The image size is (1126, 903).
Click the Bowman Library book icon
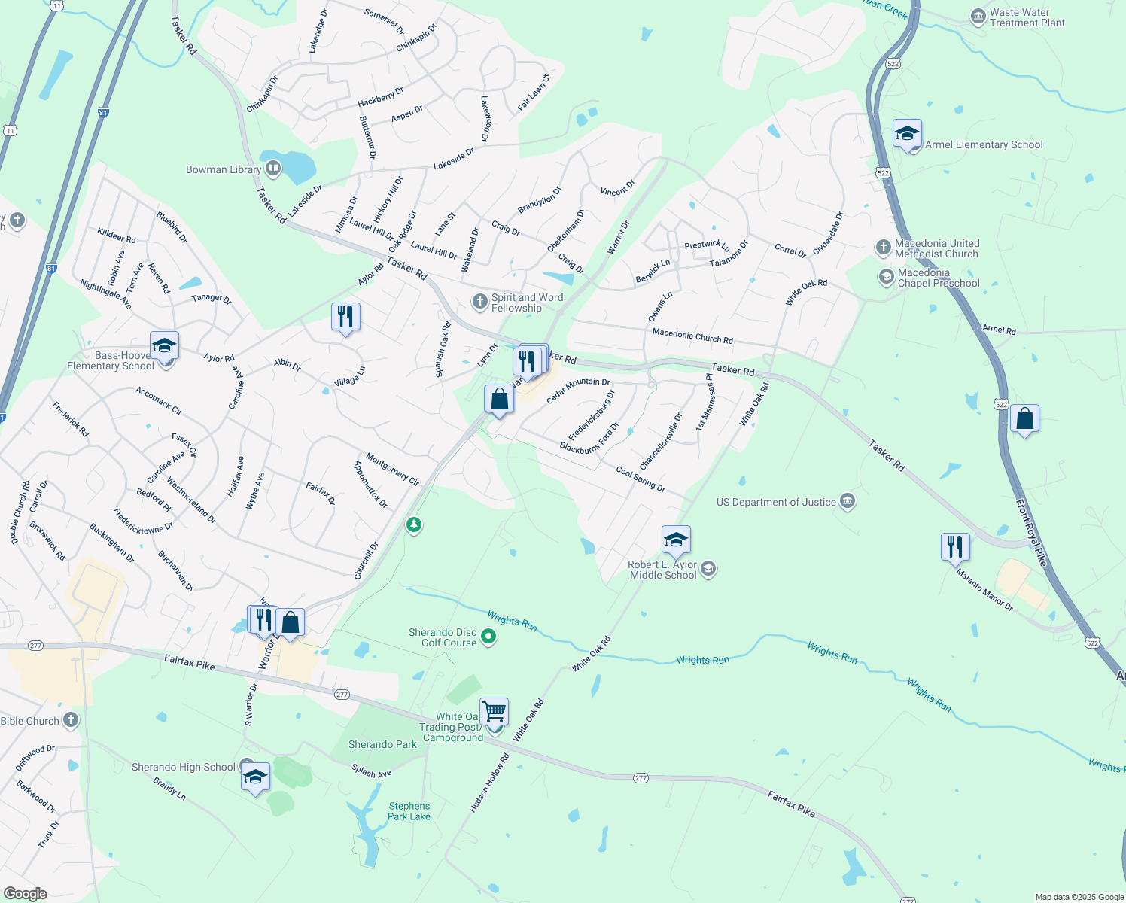point(273,169)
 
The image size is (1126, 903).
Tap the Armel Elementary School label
point(983,145)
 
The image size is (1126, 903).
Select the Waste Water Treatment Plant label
point(1027,17)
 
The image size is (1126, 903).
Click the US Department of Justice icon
point(848,501)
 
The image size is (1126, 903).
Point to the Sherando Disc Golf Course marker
point(488,637)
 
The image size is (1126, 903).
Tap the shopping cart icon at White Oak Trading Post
point(494,710)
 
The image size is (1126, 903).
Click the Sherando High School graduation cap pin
point(255,777)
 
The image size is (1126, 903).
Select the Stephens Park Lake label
point(409,811)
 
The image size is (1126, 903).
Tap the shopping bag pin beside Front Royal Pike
point(1024,419)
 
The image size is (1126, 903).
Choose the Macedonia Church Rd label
point(692,336)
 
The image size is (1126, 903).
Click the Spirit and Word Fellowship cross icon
point(479,302)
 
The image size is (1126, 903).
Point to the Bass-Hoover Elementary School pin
point(164,345)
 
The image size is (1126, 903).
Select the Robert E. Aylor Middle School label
point(663,570)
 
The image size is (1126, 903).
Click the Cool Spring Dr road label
point(641,479)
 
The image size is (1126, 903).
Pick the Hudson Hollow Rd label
point(489,783)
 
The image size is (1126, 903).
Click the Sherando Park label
point(382,744)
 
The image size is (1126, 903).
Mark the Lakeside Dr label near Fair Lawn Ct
point(454,158)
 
